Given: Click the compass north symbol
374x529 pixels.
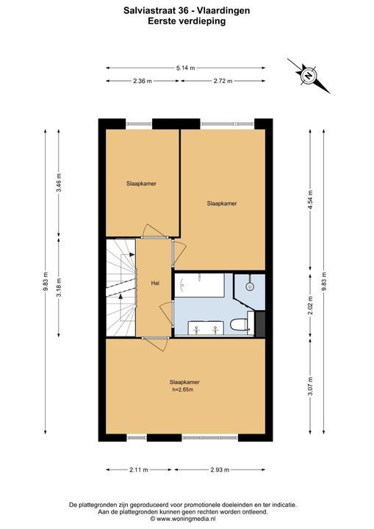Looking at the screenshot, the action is click(x=309, y=76).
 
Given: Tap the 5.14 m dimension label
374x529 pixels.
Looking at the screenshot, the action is click(x=186, y=68).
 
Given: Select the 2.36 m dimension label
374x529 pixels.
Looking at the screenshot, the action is click(x=143, y=81).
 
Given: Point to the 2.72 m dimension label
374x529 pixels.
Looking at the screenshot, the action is click(x=223, y=81).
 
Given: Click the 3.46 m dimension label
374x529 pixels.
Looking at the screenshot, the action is click(x=59, y=182).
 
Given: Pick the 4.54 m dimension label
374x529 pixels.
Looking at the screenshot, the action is click(x=311, y=200).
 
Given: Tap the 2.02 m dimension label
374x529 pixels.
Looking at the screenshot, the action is click(x=311, y=305).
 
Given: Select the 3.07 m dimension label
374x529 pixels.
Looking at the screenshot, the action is click(x=311, y=386).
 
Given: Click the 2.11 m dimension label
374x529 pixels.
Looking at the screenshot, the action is click(x=138, y=469).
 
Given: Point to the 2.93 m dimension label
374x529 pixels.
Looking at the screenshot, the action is click(x=220, y=469).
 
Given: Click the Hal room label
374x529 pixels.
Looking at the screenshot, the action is click(x=155, y=284).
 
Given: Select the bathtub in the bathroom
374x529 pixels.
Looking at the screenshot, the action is click(x=199, y=285).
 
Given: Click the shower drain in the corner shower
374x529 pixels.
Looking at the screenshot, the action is click(x=250, y=287).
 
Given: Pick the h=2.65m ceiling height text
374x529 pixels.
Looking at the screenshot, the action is click(x=183, y=389).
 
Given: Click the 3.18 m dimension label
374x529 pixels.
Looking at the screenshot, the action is click(x=59, y=287).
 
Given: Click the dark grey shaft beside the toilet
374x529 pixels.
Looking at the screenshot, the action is click(x=260, y=324).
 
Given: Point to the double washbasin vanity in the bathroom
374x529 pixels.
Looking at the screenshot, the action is click(x=206, y=328).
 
